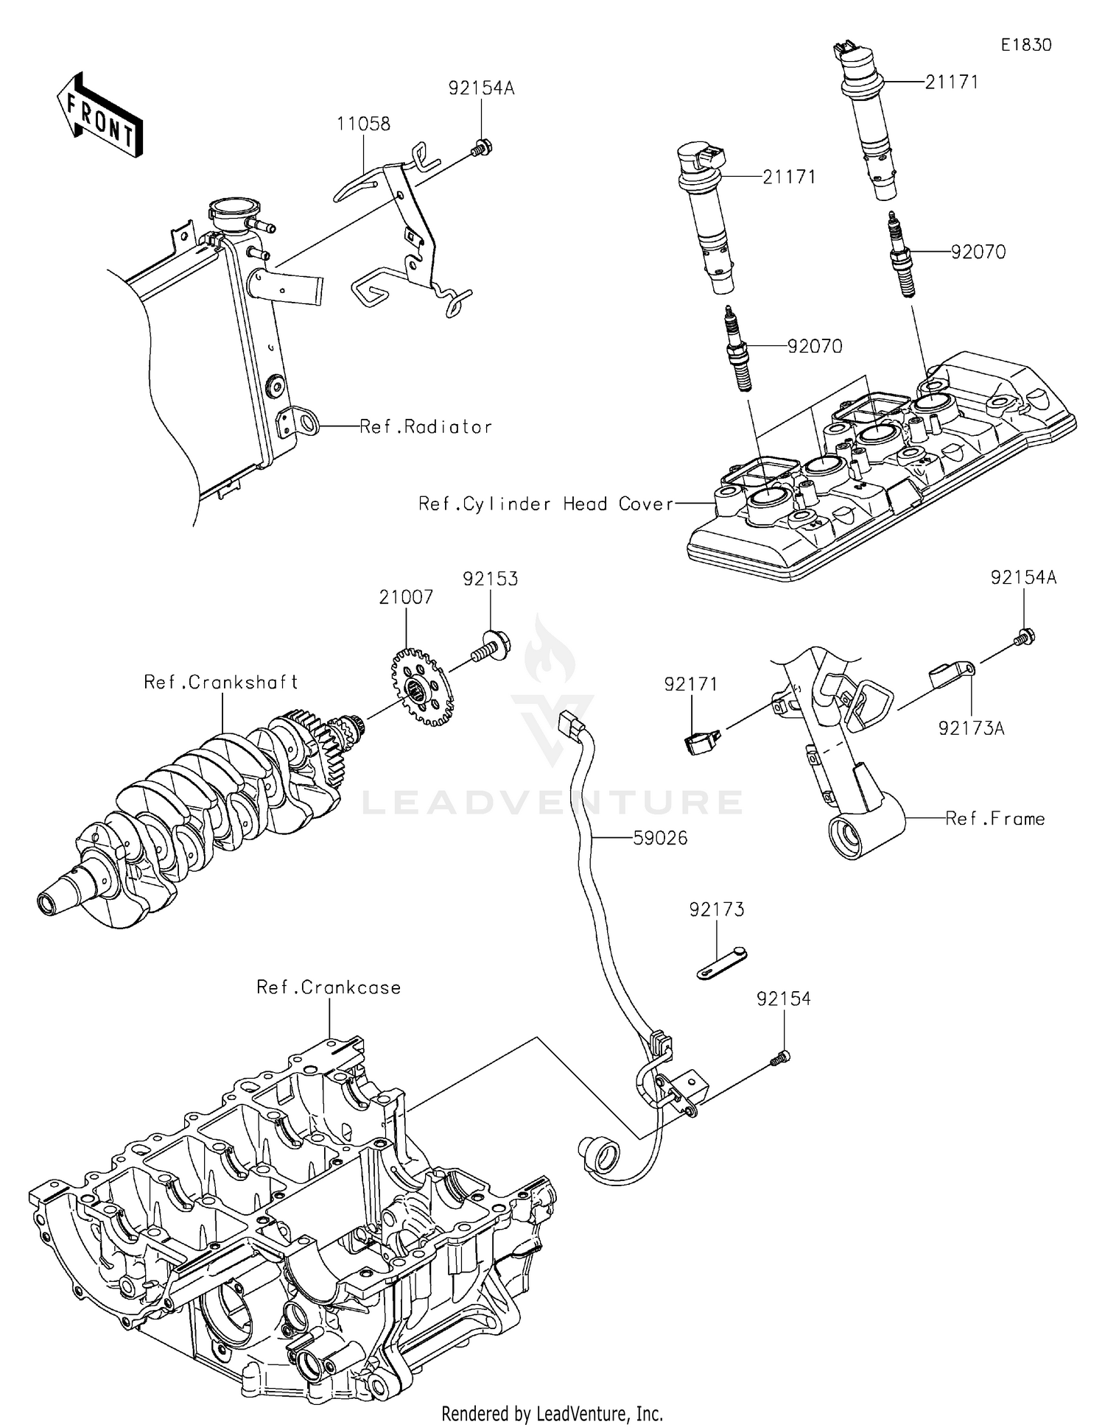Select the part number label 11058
(363, 124)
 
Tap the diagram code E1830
(1025, 45)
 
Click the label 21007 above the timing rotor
(406, 597)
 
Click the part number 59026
(660, 838)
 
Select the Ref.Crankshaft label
(221, 682)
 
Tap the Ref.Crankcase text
(329, 987)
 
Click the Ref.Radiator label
(425, 427)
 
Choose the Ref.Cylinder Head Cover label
(546, 504)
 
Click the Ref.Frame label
(994, 819)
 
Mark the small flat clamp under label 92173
(721, 965)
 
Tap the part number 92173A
(971, 728)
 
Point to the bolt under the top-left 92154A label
(481, 148)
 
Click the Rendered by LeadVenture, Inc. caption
(552, 1413)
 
